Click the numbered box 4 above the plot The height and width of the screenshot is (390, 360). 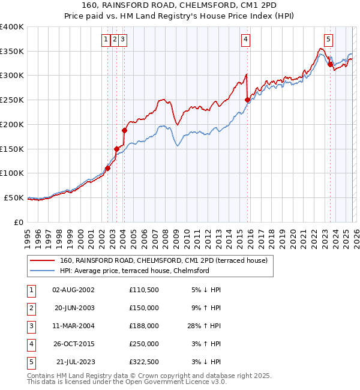click(246, 40)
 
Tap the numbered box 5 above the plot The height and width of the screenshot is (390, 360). click(328, 40)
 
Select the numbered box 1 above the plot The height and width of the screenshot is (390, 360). click(106, 40)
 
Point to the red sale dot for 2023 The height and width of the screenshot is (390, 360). click(330, 64)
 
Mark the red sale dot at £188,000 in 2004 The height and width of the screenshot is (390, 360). click(124, 130)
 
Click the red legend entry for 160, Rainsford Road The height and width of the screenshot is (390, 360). click(167, 260)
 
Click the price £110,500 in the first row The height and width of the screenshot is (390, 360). click(143, 290)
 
